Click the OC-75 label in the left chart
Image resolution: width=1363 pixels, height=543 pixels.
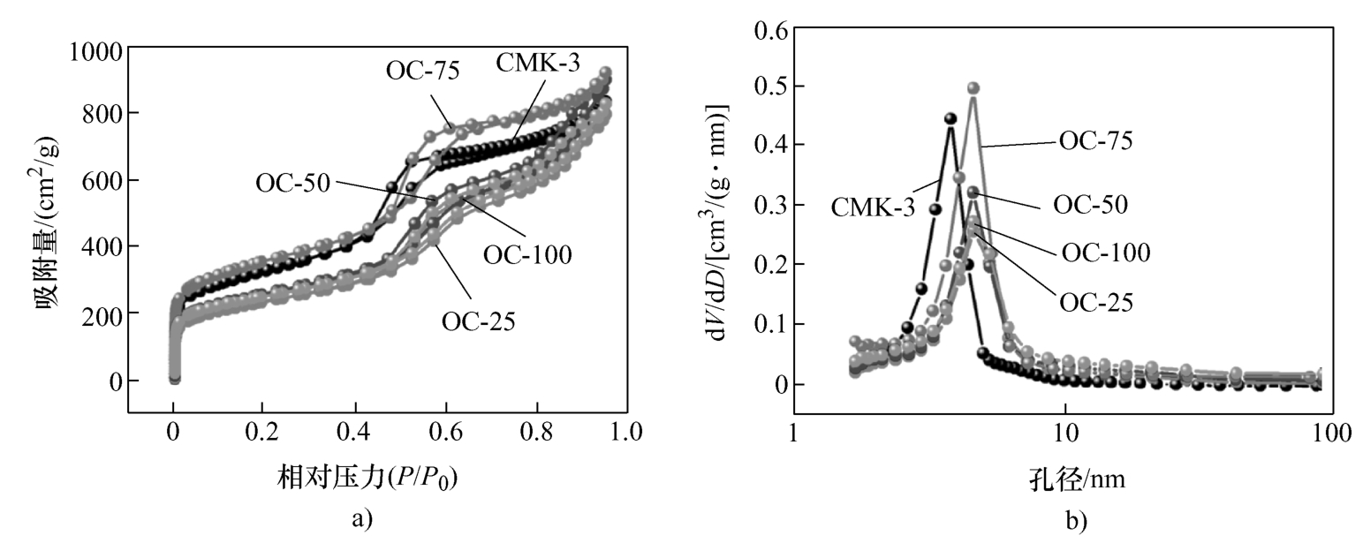point(422,70)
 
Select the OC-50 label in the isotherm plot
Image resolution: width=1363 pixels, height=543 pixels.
point(292,183)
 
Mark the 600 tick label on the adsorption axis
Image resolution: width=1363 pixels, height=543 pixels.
point(99,180)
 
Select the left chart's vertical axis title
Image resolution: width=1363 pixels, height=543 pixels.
point(45,231)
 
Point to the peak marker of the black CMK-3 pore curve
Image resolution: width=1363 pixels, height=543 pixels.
point(950,118)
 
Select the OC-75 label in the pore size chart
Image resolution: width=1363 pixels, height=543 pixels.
point(1096,140)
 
